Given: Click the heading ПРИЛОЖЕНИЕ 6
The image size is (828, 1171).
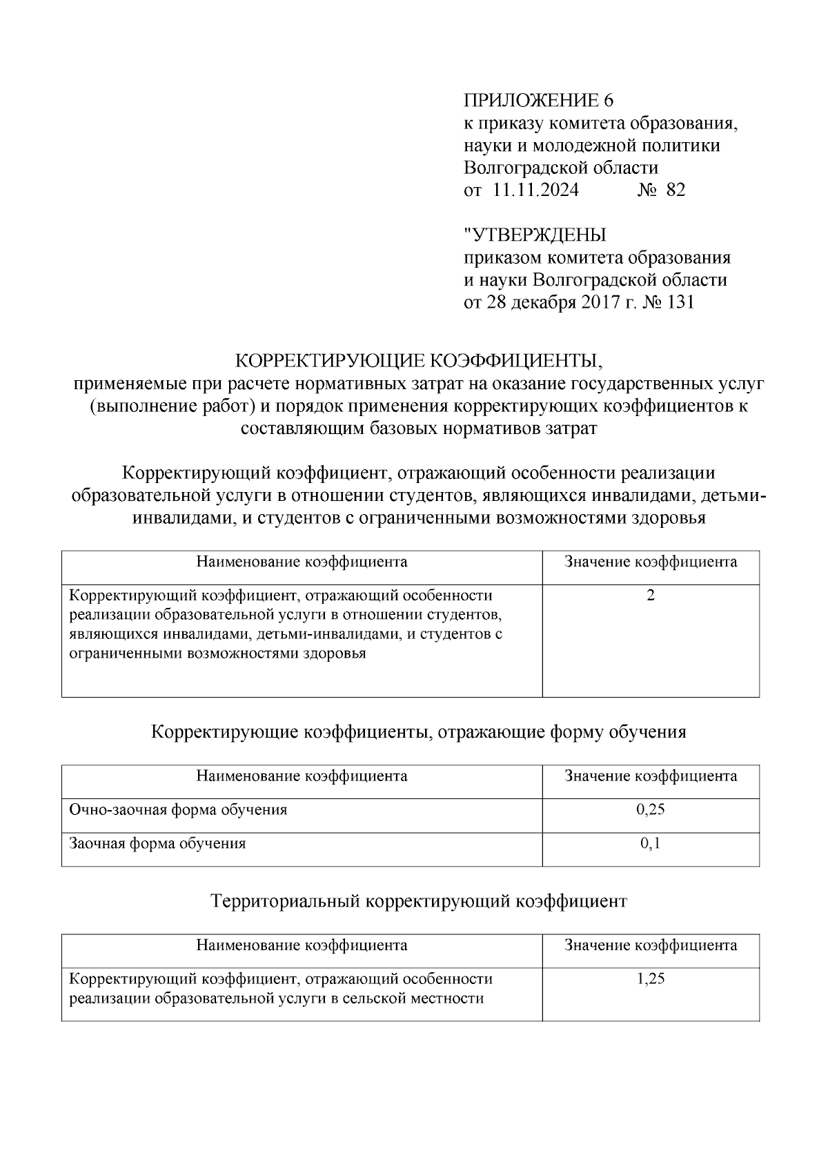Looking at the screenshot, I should [x=538, y=101].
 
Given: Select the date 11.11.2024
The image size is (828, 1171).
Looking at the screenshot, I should [x=535, y=190].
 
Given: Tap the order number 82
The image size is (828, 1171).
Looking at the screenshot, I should [x=676, y=190].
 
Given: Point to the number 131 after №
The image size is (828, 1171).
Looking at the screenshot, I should [x=680, y=302].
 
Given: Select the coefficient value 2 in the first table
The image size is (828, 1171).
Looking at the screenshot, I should [x=650, y=595].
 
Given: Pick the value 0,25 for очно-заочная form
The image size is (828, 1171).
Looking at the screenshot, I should [x=650, y=809].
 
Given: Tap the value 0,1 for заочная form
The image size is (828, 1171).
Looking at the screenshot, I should [x=650, y=843].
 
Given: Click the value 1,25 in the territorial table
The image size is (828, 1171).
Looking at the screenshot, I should [x=650, y=978].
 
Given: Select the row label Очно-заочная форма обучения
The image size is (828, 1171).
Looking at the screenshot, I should [x=178, y=809].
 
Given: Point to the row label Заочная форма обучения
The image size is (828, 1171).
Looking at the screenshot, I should [x=157, y=843].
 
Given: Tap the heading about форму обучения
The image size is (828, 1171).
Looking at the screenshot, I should [x=418, y=731].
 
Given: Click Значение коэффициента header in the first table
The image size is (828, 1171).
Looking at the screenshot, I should [x=650, y=562].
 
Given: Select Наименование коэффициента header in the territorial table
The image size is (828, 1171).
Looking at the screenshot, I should [x=302, y=945].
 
